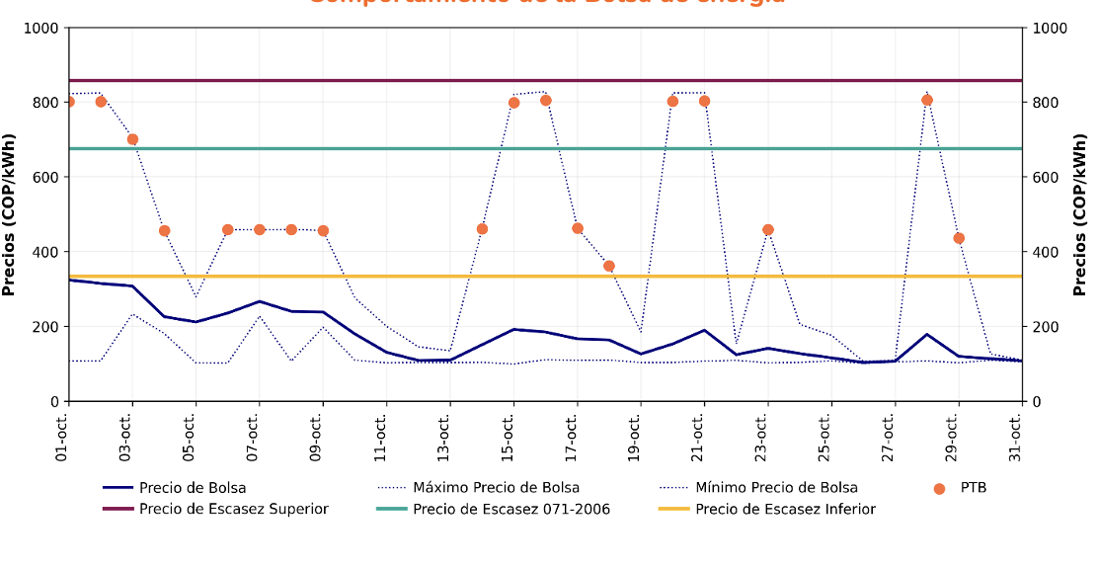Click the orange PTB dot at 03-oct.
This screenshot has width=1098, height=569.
(x=132, y=139)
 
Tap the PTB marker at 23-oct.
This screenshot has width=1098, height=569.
(x=768, y=230)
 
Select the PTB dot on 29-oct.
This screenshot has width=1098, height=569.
(x=959, y=238)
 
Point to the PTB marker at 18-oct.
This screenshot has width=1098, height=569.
(x=609, y=267)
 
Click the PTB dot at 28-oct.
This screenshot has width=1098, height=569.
(x=927, y=100)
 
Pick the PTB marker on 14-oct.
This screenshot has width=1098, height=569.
(x=482, y=229)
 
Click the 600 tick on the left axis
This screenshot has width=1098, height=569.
(x=42, y=178)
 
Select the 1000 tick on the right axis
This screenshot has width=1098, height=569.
(x=1051, y=29)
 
